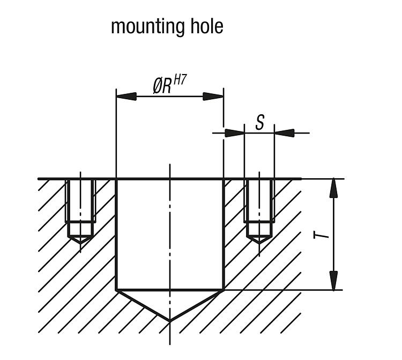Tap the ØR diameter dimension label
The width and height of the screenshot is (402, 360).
click(x=162, y=86)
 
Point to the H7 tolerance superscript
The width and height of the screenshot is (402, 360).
click(x=180, y=80)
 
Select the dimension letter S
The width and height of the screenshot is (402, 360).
click(x=259, y=123)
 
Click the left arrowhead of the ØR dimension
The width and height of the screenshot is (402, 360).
click(x=126, y=97)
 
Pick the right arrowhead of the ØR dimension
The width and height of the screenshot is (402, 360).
click(x=213, y=97)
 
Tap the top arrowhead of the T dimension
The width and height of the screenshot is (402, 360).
click(x=334, y=188)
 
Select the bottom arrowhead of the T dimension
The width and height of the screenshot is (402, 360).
click(x=334, y=281)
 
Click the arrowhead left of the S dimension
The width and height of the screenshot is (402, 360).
click(x=234, y=133)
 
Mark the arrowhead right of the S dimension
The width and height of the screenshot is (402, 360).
click(x=284, y=133)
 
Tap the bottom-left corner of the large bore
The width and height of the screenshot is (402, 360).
click(x=116, y=290)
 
